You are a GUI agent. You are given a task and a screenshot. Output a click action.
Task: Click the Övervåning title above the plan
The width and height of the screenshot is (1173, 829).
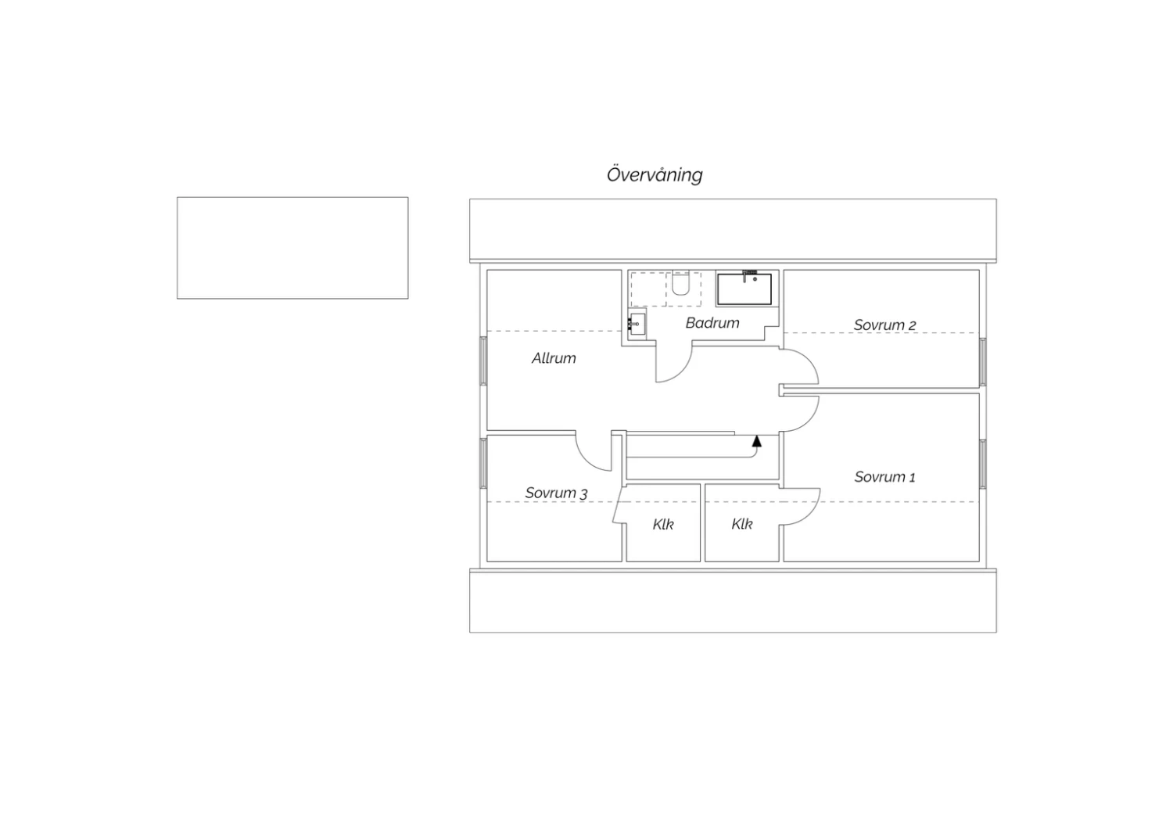655,175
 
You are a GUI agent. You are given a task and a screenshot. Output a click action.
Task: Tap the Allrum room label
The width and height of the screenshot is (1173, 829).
554,358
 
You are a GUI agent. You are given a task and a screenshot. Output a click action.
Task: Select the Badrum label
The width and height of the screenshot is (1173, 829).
712,322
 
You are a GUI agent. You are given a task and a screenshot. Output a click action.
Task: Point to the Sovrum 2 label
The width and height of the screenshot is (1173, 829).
884,325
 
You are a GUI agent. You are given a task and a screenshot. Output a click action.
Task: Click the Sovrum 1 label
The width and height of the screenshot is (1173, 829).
884,477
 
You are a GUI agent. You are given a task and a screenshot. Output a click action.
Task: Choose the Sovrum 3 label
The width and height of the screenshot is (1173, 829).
556,493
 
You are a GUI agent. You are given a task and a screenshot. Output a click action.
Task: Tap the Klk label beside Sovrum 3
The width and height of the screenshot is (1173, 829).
663,524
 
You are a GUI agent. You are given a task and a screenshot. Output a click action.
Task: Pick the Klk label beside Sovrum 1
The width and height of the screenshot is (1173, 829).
741,524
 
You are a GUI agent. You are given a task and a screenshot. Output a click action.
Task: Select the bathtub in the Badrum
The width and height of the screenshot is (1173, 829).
744,289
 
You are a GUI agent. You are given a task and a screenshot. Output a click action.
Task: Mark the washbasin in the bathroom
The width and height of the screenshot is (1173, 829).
637,325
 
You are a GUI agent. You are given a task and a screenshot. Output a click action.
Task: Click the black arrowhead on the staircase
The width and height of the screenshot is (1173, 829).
756,441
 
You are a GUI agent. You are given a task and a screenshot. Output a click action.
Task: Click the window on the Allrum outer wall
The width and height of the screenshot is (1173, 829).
483,361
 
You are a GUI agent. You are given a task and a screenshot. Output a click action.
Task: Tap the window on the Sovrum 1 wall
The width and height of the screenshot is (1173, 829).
983,464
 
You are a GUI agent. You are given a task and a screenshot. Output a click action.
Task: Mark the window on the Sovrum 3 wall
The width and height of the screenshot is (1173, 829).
483,464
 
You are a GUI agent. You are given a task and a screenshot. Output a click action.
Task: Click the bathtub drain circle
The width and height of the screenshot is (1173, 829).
755,280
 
